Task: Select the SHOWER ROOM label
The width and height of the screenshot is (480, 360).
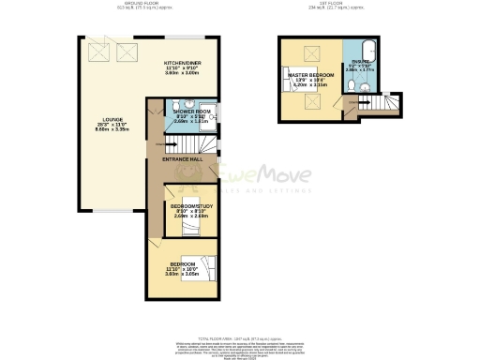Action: [189, 112]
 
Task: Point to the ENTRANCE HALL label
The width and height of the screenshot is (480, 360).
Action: [183, 160]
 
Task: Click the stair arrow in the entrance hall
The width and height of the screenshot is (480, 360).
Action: [172, 144]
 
